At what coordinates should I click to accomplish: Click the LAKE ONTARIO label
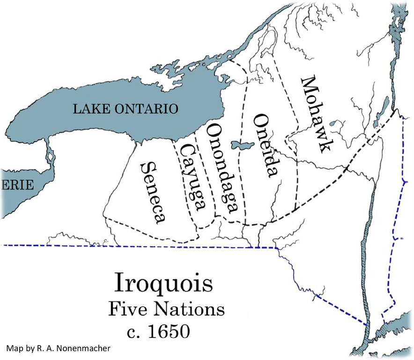click(125, 109)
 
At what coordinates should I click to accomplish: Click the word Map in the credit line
click(14, 349)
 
